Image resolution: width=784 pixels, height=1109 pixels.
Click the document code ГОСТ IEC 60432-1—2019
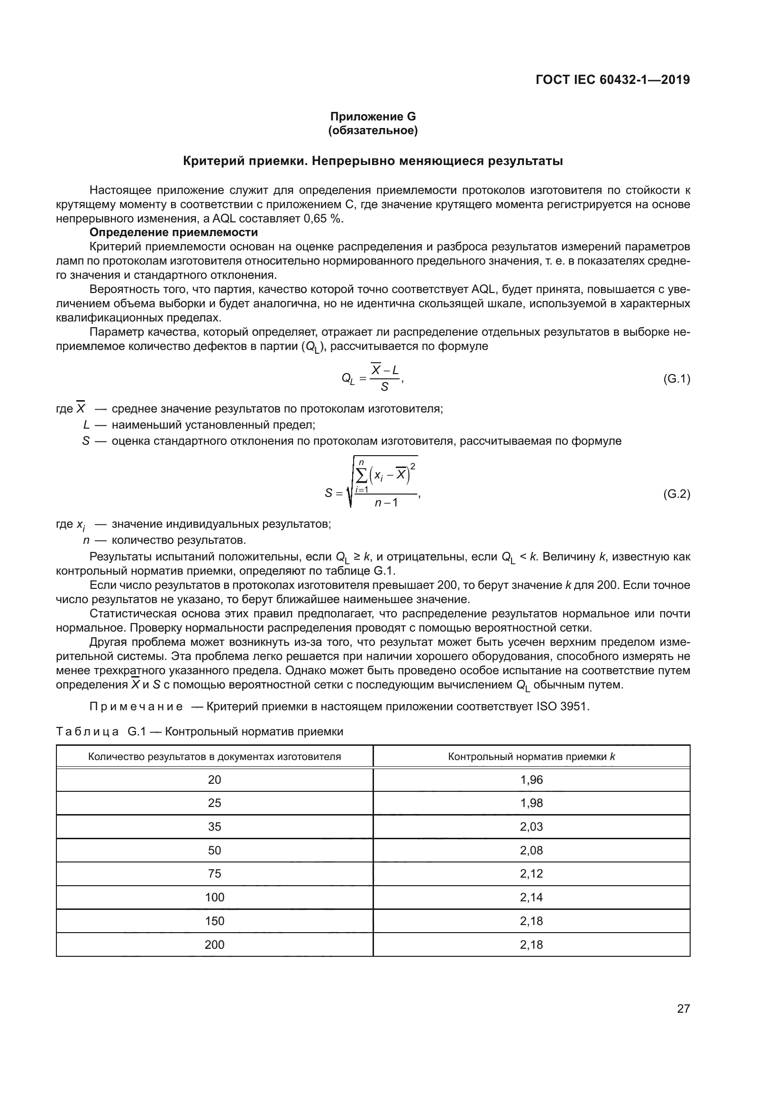[612, 80]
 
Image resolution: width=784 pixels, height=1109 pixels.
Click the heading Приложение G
[373, 117]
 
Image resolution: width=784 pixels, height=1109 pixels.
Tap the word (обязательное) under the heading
[373, 130]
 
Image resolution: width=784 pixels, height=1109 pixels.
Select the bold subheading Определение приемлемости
[174, 232]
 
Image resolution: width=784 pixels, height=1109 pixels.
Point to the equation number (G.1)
[676, 379]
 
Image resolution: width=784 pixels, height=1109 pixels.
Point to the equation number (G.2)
[676, 494]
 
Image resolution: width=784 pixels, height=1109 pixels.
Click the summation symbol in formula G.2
[362, 476]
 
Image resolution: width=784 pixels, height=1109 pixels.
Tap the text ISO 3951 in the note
[563, 706]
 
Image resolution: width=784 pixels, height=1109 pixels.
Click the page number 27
[683, 1008]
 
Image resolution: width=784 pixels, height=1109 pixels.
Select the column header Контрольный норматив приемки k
[531, 756]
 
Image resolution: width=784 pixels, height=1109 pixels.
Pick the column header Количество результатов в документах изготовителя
[214, 756]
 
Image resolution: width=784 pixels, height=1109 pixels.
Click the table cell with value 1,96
[531, 779]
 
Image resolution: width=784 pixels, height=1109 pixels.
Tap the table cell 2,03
[531, 826]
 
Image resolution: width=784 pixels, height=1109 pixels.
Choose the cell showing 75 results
[214, 873]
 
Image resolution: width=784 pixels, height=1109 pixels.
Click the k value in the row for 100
[531, 897]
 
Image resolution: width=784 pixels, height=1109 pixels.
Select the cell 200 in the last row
[214, 944]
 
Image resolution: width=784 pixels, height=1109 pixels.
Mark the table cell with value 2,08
[531, 850]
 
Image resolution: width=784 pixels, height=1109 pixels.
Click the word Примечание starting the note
[136, 706]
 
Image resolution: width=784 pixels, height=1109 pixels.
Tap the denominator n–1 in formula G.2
[386, 503]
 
